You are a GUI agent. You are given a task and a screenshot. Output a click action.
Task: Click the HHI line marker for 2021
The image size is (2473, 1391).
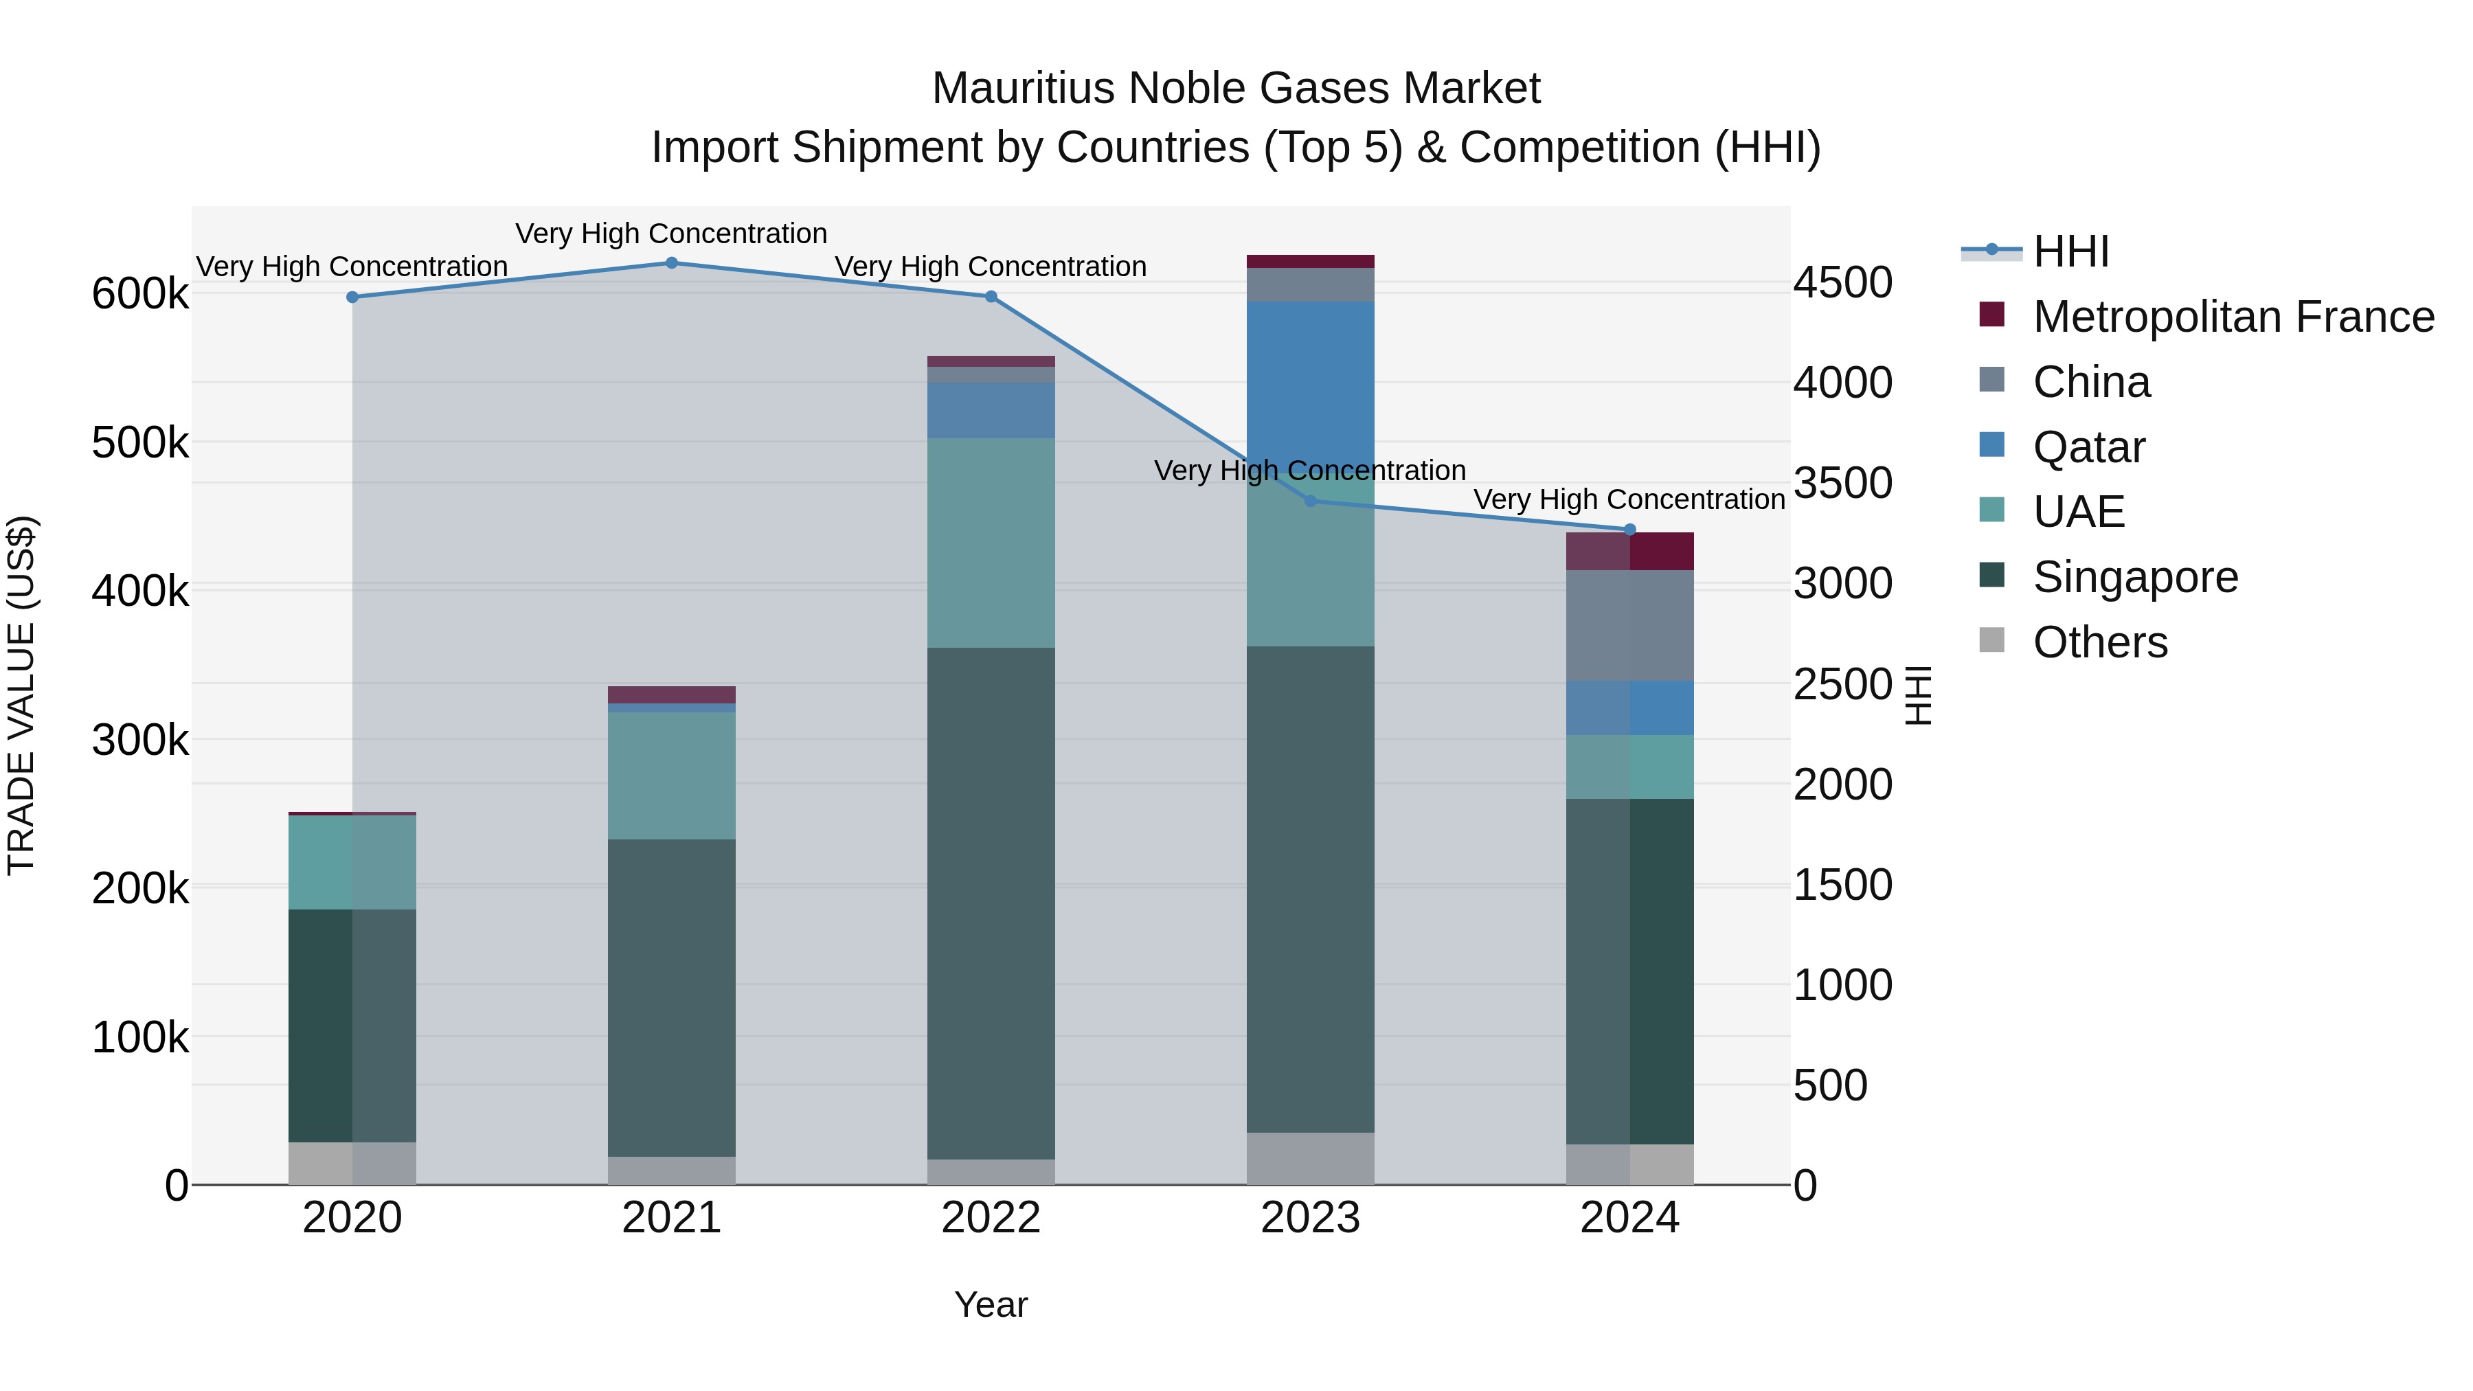671,263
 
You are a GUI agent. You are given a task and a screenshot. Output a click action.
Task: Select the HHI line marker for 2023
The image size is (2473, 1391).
1311,501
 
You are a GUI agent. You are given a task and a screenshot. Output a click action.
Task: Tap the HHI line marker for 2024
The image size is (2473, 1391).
1629,530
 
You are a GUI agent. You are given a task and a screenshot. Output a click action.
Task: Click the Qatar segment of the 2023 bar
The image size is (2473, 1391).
1311,384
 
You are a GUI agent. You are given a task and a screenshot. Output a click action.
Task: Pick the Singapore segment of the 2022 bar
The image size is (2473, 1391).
991,903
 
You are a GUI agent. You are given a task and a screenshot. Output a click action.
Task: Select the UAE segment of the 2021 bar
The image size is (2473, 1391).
671,775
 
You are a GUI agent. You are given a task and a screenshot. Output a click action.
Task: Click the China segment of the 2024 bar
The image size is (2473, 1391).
1629,625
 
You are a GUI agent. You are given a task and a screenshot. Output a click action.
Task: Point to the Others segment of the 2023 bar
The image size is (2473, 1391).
1311,1159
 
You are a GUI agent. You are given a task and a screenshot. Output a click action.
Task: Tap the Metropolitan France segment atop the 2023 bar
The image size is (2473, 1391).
1311,261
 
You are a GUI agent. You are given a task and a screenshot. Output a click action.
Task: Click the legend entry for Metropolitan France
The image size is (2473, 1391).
2233,317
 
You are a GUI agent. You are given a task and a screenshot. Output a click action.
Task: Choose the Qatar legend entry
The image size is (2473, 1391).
2088,447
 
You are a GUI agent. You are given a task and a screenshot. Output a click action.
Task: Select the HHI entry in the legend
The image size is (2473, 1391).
2070,251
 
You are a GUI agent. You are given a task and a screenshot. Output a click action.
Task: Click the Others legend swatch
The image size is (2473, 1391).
1992,640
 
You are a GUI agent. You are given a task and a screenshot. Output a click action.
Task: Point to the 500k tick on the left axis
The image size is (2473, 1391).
140,444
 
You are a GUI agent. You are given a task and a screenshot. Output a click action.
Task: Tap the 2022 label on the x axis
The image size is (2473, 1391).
991,1218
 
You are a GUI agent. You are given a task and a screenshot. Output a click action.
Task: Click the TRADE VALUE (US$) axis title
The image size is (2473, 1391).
21,695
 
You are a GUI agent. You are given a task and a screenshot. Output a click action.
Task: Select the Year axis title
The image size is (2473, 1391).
991,1304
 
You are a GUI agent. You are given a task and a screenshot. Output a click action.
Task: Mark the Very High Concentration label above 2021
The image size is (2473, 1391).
671,234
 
